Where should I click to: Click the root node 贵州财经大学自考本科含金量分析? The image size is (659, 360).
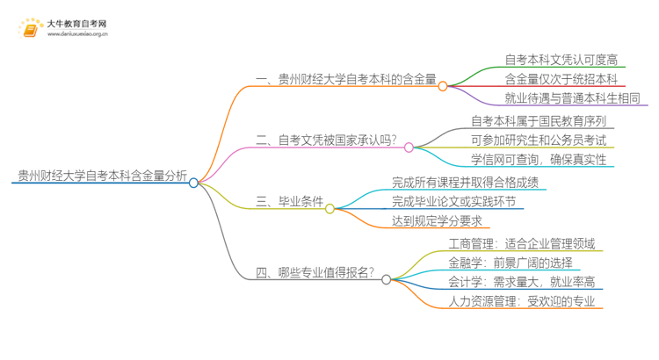click(x=102, y=175)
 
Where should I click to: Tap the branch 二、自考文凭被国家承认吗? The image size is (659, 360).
click(x=326, y=140)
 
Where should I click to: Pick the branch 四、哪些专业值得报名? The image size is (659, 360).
click(x=315, y=272)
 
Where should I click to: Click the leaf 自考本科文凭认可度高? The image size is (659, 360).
click(x=561, y=60)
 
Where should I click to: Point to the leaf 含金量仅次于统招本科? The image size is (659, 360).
click(x=561, y=79)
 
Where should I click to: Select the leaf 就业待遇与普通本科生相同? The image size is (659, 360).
click(x=572, y=98)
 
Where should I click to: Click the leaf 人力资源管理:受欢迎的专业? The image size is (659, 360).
click(x=521, y=301)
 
